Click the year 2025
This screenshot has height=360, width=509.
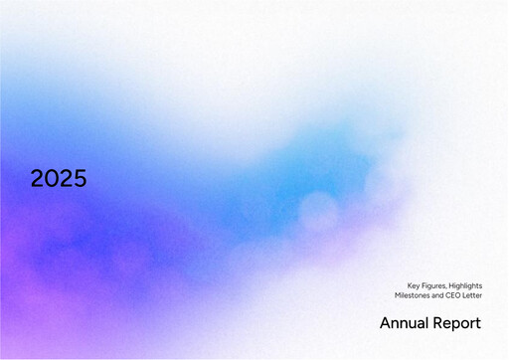pos(59,179)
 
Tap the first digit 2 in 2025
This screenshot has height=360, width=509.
pos(38,179)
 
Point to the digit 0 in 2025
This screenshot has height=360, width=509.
pos(52,179)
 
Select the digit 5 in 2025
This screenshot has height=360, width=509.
pos(80,179)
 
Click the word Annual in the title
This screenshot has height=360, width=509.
pos(404,323)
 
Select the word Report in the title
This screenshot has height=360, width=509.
pos(457,323)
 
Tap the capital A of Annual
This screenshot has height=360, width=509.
pos(385,323)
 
